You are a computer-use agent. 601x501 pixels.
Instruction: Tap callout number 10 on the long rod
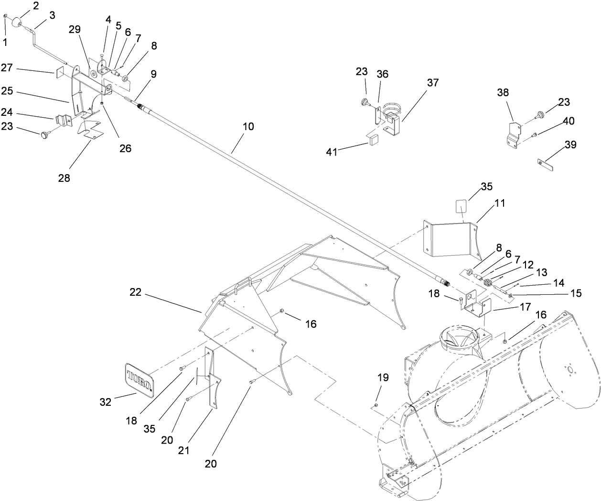click(248, 127)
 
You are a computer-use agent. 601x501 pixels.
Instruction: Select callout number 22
click(136, 292)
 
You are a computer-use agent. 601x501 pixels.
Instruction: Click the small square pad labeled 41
click(372, 140)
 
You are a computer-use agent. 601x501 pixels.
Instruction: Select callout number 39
click(571, 145)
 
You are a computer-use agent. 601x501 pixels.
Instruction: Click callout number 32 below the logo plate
click(105, 402)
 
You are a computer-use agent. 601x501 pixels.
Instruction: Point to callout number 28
click(64, 178)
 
